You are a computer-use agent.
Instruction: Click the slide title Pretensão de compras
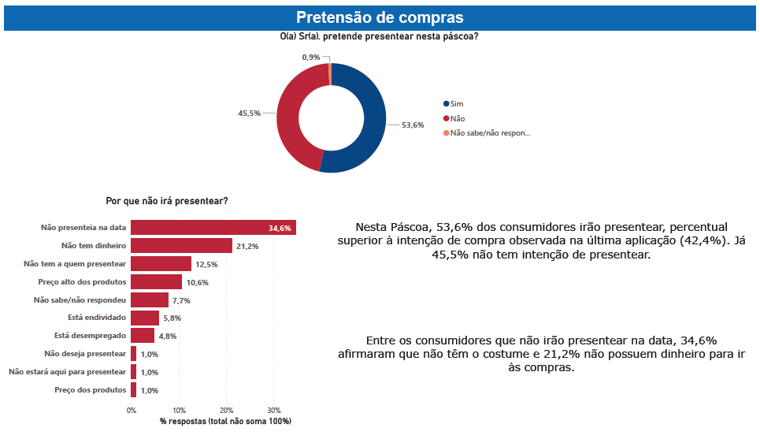[380, 17]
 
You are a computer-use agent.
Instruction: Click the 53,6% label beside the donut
[413, 125]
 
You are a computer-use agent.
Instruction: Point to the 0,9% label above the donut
[311, 58]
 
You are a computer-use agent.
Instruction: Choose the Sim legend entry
[457, 104]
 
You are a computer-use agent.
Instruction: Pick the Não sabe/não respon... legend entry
[490, 133]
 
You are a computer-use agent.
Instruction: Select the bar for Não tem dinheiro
[181, 246]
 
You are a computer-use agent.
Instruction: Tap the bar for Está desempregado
[143, 336]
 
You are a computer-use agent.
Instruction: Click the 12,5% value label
[206, 265]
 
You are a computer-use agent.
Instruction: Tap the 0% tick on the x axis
[132, 411]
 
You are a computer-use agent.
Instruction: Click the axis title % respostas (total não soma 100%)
[225, 422]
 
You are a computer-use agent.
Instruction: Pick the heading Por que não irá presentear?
[167, 202]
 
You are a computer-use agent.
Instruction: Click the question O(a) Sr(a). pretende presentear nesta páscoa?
[380, 37]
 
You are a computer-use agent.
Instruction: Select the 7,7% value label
[181, 300]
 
